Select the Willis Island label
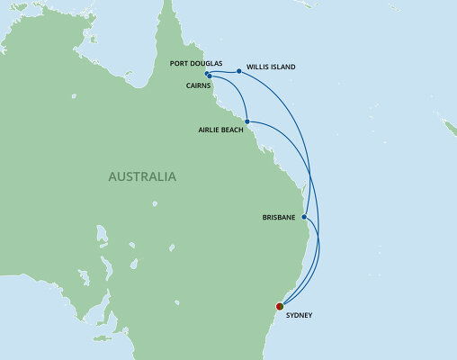click(272, 67)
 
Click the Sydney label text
click(300, 316)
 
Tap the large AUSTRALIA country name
click(141, 176)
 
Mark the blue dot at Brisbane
click(305, 217)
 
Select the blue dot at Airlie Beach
click(246, 121)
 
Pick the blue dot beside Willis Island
click(238, 71)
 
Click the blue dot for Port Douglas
click(207, 74)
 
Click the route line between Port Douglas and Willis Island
click(223, 72)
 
